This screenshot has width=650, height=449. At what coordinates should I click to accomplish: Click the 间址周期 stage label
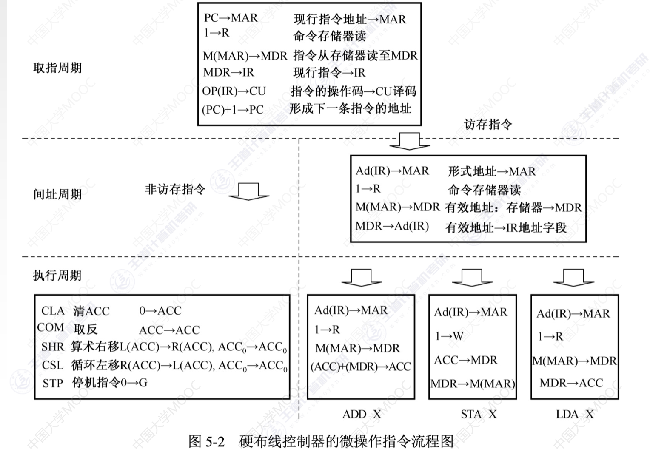(57, 194)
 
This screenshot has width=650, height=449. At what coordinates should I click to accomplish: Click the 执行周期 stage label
(57, 276)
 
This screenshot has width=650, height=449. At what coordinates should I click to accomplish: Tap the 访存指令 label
(488, 125)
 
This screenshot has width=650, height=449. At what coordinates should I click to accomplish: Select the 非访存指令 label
(175, 189)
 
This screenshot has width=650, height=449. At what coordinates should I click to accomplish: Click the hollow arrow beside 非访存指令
(249, 192)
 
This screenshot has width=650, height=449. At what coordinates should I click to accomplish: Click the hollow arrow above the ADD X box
(362, 278)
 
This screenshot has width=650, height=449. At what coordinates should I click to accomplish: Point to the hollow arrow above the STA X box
(472, 278)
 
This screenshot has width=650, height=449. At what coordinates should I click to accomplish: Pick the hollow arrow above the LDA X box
(574, 278)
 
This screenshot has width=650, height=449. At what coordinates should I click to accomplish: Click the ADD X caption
(362, 414)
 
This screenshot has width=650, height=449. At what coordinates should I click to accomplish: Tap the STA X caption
(479, 414)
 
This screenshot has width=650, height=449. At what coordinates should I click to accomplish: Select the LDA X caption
(575, 414)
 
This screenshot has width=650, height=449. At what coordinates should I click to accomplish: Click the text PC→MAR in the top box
(231, 18)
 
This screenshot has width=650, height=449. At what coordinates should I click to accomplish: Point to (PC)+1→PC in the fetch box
(233, 110)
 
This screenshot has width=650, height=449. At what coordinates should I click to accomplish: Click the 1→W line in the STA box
(449, 336)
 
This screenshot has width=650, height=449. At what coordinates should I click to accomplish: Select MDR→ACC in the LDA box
(571, 383)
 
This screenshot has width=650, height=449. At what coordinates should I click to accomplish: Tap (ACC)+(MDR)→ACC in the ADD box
(361, 367)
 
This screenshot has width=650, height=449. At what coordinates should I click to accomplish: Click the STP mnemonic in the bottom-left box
(53, 384)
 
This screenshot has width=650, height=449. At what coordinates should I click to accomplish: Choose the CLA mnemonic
(53, 311)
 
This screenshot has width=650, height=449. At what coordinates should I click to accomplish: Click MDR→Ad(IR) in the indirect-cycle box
(392, 226)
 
